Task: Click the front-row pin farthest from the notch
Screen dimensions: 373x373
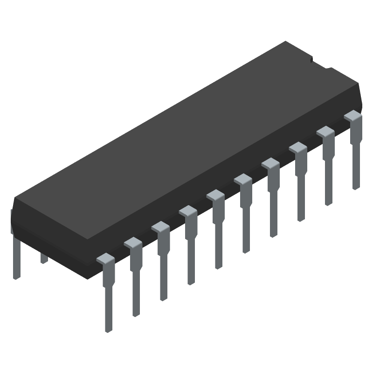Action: point(108,294)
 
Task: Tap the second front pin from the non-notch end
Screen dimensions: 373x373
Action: point(135,280)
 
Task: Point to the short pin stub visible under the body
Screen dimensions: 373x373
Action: point(44,258)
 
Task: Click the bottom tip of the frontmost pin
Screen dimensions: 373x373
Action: point(108,329)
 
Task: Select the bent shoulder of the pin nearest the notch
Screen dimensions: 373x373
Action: point(353,115)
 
